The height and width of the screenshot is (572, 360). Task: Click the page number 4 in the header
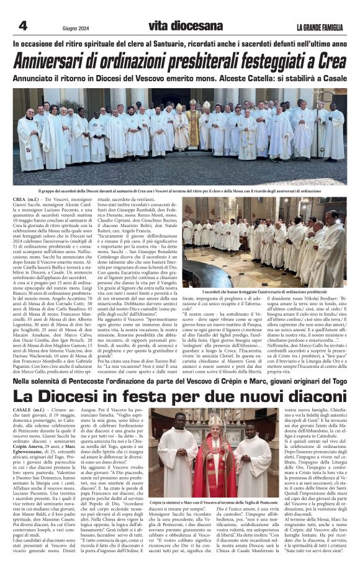[x=24, y=25]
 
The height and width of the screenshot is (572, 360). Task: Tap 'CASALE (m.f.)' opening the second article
[x=30, y=394]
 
